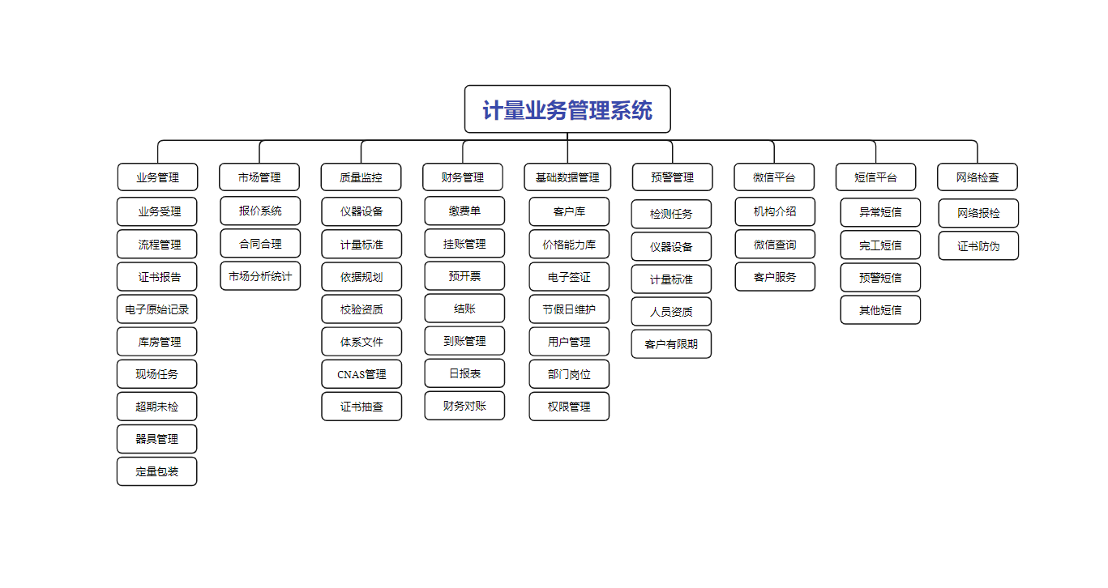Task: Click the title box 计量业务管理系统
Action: click(567, 109)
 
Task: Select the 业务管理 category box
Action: click(157, 177)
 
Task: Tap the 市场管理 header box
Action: click(259, 177)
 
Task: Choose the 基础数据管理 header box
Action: click(567, 177)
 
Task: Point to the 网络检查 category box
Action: click(978, 177)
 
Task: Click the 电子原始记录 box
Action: click(156, 309)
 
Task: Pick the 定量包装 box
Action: click(156, 471)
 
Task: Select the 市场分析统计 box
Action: click(260, 276)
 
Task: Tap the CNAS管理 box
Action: click(361, 374)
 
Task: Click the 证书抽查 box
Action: click(361, 407)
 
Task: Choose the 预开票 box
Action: click(464, 275)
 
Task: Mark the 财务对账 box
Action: click(464, 406)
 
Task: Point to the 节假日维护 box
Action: click(569, 309)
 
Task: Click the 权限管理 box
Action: click(569, 407)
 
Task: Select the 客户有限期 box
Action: click(671, 344)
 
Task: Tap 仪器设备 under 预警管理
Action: click(671, 246)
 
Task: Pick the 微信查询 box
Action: click(775, 244)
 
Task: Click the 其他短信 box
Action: click(880, 310)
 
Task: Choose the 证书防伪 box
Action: click(978, 245)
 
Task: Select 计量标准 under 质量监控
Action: click(361, 244)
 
